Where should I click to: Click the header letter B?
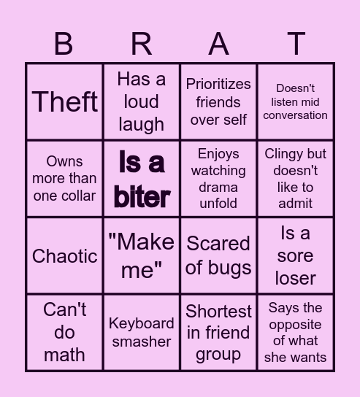(x=64, y=45)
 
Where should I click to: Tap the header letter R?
(x=141, y=45)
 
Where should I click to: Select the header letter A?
(x=218, y=45)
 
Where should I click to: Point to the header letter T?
(x=295, y=45)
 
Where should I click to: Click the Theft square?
(x=64, y=102)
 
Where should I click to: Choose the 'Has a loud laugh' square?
(x=141, y=102)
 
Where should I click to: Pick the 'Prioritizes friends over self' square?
(x=218, y=102)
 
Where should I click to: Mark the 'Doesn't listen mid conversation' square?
(x=295, y=102)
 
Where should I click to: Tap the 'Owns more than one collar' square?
(x=64, y=179)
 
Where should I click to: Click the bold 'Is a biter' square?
(x=141, y=179)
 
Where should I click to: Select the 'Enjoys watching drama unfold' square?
(x=218, y=179)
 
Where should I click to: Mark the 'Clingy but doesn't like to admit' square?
(x=295, y=179)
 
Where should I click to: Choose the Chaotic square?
(x=64, y=256)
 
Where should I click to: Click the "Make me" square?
(x=141, y=256)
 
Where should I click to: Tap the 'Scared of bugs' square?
(x=218, y=256)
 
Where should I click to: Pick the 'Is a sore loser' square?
(x=295, y=256)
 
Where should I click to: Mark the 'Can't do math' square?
(x=64, y=332)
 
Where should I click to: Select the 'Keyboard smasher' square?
(x=141, y=332)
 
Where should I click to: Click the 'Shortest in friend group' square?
(x=218, y=332)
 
